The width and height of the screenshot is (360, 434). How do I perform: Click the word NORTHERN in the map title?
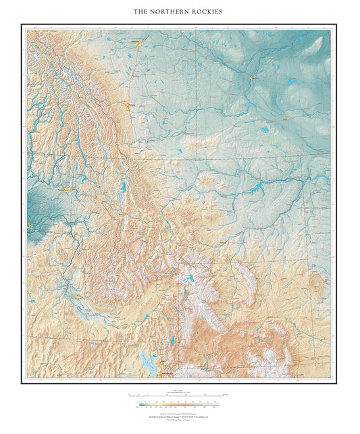point(174,11)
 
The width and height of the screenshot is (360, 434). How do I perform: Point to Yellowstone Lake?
point(191,279)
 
